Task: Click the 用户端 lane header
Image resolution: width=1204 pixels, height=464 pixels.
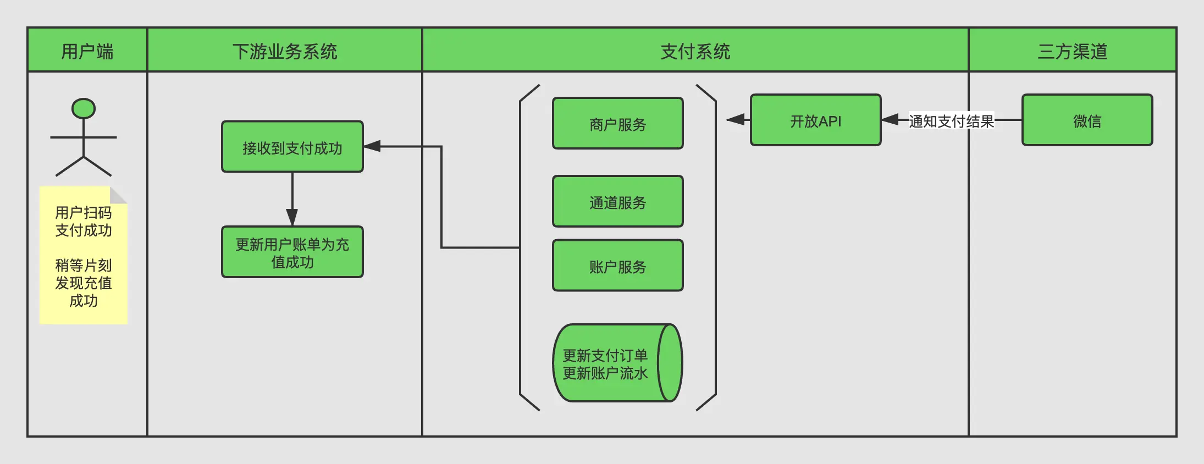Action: tap(87, 51)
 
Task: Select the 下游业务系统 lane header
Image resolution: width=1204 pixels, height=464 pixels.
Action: tap(284, 51)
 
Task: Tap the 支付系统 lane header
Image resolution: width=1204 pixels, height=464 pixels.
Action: tap(695, 51)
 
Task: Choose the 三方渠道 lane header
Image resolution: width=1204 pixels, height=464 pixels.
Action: tap(1072, 51)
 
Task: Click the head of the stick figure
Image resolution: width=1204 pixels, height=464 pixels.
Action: tap(84, 108)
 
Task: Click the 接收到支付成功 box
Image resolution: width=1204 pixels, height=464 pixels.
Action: tap(292, 147)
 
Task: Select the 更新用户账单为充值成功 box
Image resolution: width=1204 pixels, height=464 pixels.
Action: tap(292, 252)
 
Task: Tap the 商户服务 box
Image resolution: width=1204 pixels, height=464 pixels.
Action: tap(617, 124)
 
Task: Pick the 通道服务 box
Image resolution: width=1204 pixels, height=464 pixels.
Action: tap(617, 202)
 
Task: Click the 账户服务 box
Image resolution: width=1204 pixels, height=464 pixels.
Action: tap(617, 266)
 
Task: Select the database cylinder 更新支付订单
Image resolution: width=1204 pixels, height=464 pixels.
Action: tap(610, 363)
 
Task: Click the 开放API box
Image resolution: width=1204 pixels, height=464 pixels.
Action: tap(815, 120)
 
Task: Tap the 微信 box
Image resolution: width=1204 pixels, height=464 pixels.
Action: tap(1087, 120)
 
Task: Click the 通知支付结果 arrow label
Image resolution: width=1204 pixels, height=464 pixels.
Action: tap(951, 120)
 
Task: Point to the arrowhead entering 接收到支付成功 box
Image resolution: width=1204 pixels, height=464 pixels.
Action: tap(372, 146)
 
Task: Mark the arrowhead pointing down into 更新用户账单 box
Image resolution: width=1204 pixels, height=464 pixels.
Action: tap(292, 217)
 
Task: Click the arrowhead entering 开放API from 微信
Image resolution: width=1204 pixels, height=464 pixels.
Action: tap(890, 119)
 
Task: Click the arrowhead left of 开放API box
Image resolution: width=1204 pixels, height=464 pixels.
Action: tap(736, 119)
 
